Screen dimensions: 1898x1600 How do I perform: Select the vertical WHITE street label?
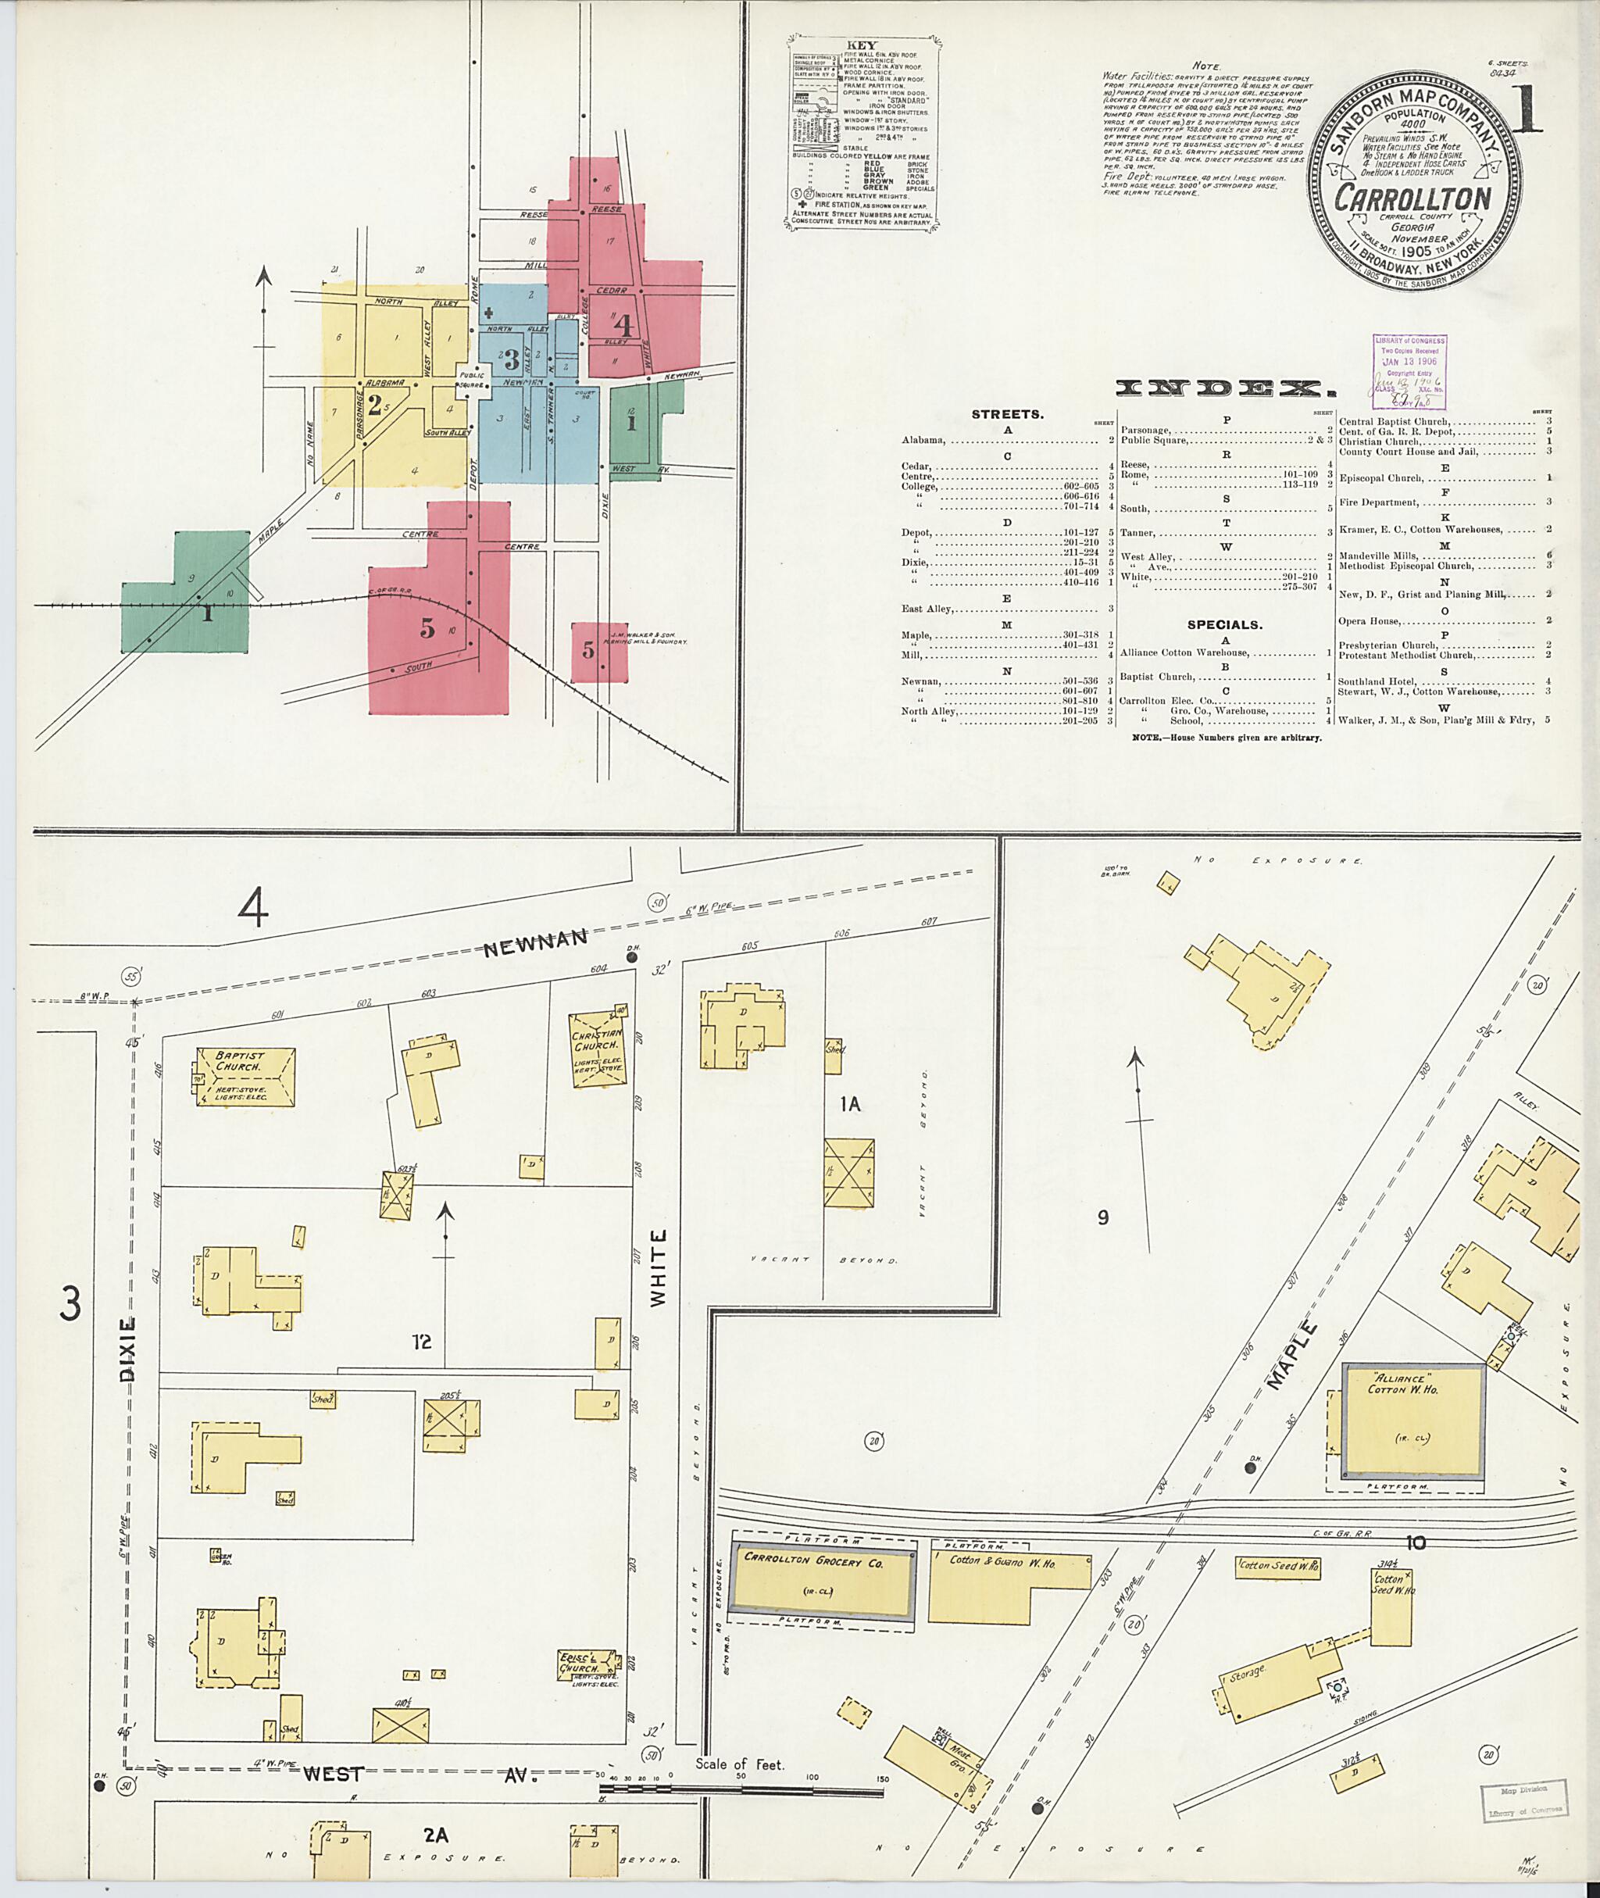[659, 1268]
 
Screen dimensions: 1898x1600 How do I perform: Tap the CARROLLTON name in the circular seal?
[1412, 198]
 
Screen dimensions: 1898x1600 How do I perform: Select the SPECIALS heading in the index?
[1224, 624]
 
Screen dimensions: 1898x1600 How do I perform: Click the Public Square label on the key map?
[473, 380]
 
